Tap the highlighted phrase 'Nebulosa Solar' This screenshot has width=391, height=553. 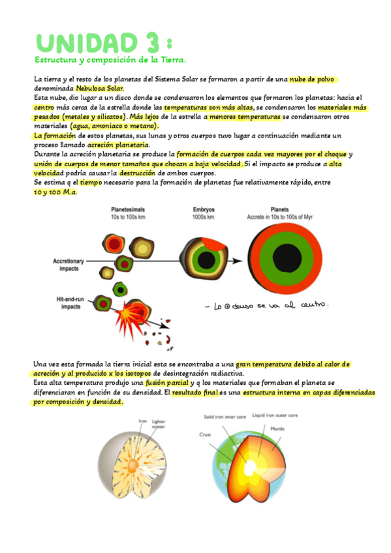click(x=99, y=88)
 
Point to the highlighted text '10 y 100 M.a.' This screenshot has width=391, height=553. click(x=55, y=192)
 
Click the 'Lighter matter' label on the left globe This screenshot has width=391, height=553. click(x=158, y=424)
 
